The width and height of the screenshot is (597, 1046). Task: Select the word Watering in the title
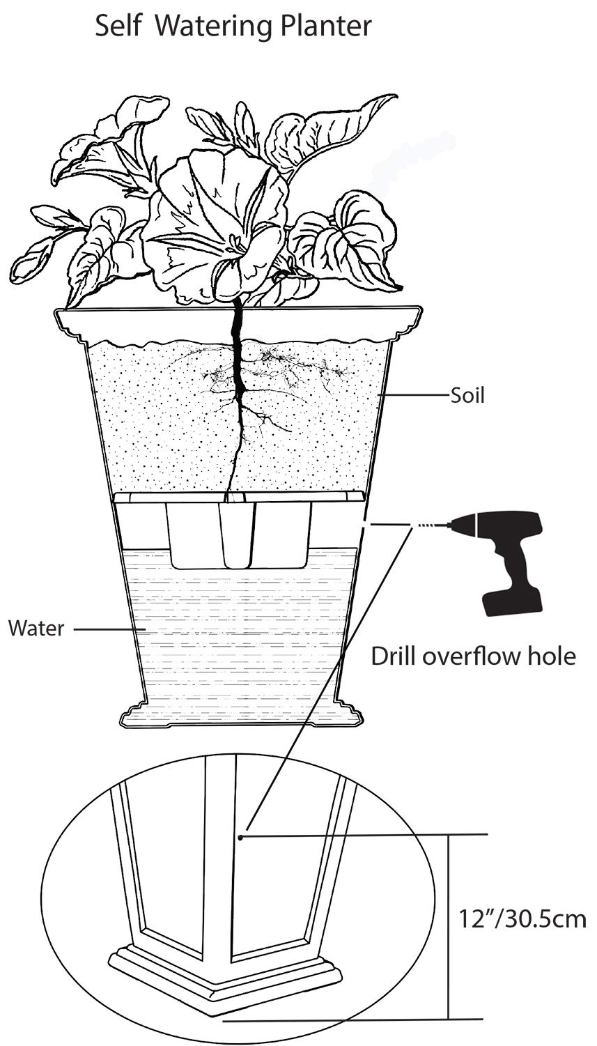coord(214,26)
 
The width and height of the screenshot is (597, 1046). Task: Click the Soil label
coord(467,396)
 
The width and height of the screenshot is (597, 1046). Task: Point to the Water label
coord(36,629)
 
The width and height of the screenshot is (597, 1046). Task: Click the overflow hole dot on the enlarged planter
coord(240,836)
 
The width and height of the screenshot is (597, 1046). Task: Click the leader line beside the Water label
coord(108,629)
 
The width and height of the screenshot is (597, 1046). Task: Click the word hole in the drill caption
coord(552,656)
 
